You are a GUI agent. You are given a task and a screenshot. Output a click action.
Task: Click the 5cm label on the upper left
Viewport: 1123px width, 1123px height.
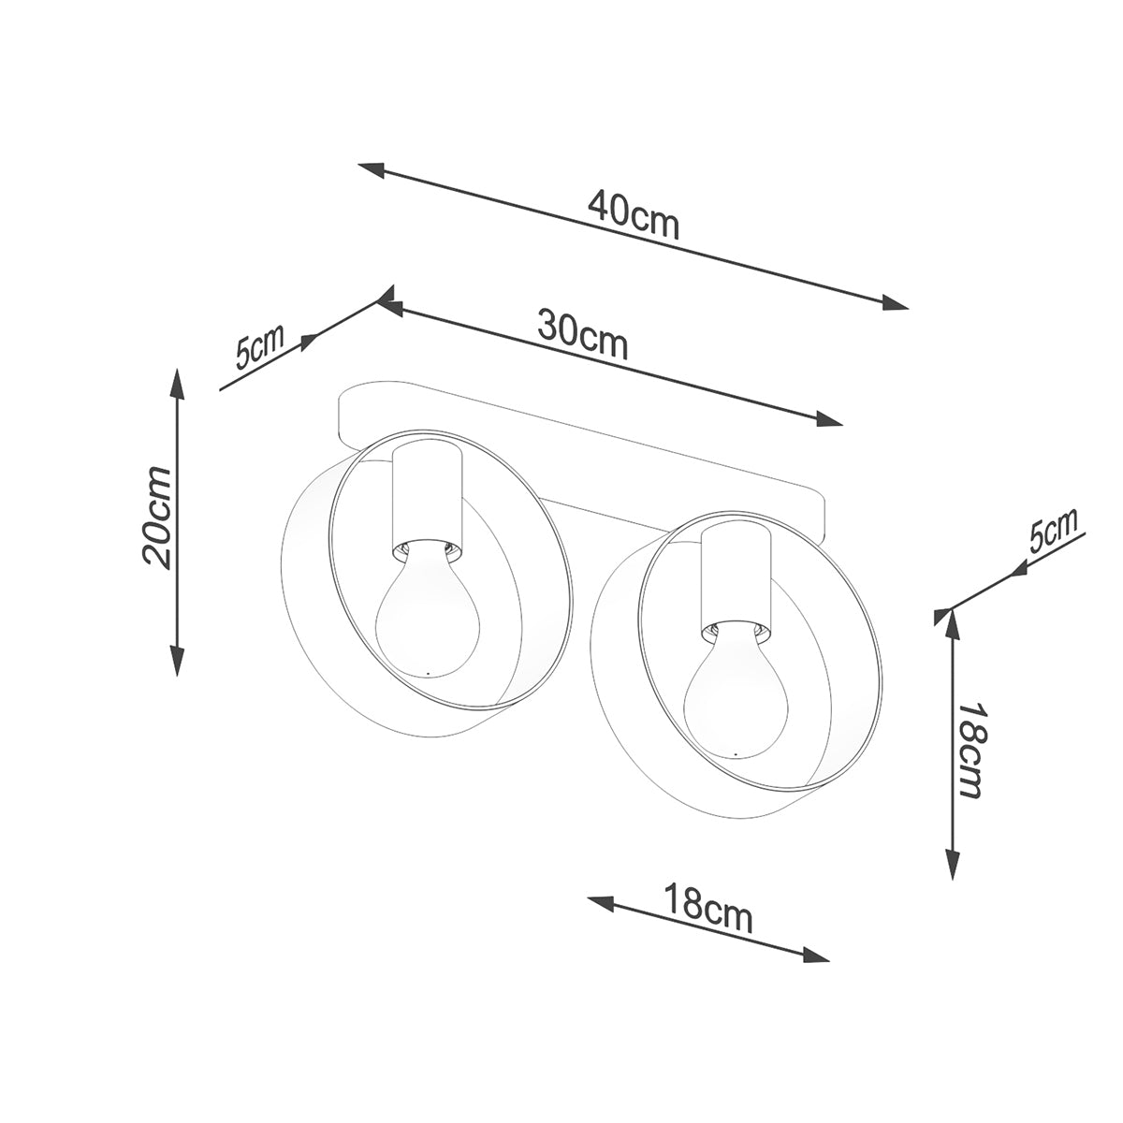click(x=258, y=348)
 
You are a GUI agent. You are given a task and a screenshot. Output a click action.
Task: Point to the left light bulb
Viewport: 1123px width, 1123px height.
click(x=427, y=613)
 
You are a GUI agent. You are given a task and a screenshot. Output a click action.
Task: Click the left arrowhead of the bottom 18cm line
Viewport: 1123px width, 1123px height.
click(x=600, y=901)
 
